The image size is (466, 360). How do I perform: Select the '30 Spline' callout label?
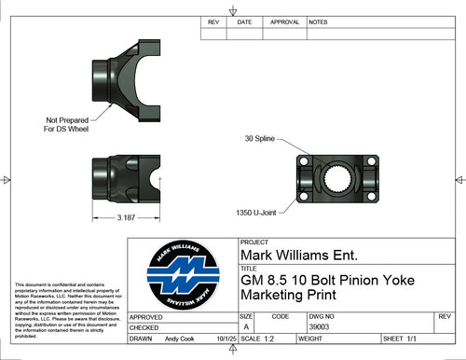[262, 138]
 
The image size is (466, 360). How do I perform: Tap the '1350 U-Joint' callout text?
[257, 212]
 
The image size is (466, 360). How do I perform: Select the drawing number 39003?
[321, 327]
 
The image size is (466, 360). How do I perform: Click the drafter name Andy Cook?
[182, 339]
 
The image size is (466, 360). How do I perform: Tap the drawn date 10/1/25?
[226, 339]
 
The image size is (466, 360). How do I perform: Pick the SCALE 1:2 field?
[260, 339]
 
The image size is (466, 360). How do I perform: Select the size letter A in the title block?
[246, 327]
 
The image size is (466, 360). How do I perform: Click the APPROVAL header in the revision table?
[284, 21]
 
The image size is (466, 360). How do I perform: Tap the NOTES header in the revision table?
[318, 21]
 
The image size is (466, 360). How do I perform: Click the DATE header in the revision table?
[244, 21]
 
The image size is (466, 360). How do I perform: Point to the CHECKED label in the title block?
[144, 328]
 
